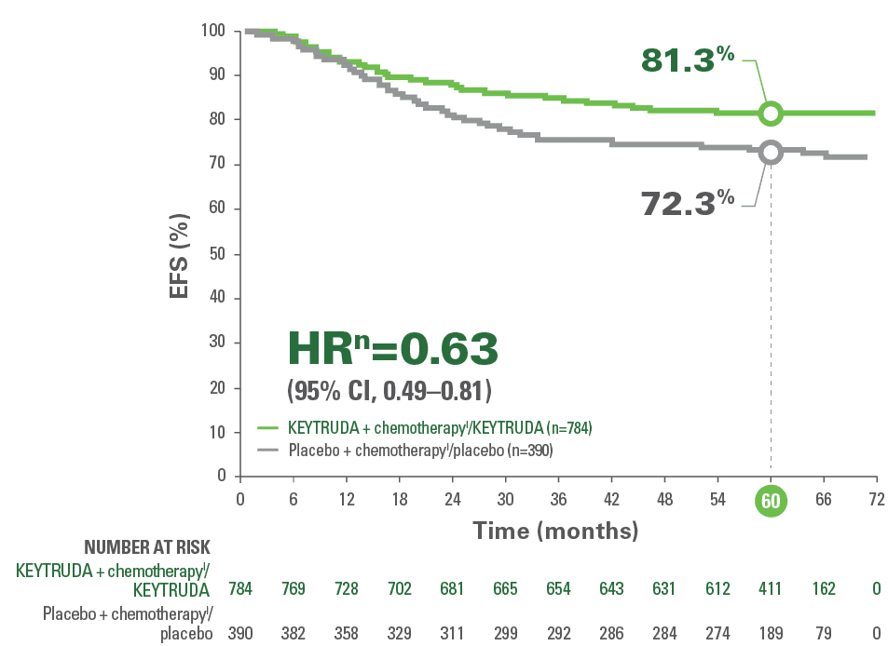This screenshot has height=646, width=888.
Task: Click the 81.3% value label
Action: pos(688,61)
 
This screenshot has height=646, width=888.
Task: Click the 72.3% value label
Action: pos(688,202)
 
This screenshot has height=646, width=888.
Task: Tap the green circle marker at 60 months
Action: pos(771,114)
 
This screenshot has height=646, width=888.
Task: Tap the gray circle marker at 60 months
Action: pos(771,153)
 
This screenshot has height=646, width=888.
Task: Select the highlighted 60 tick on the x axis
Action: pos(771,501)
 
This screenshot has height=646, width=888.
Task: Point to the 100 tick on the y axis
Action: pos(213,31)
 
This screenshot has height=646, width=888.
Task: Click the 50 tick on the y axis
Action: pos(217,254)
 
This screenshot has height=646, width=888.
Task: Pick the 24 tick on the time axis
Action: pos(452,500)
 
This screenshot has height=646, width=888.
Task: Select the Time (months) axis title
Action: pos(555,532)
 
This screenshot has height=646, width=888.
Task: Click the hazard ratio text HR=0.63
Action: pos(391,349)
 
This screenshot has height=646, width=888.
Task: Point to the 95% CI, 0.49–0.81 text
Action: pos(389,387)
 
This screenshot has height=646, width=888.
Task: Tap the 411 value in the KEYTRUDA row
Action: pos(771,588)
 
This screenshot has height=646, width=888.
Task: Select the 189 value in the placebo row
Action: pos(771,633)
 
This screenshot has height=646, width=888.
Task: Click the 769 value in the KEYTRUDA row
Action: pos(293,588)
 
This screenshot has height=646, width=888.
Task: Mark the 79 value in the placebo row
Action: pos(824,633)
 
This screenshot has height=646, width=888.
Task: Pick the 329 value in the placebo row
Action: pos(399,633)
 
